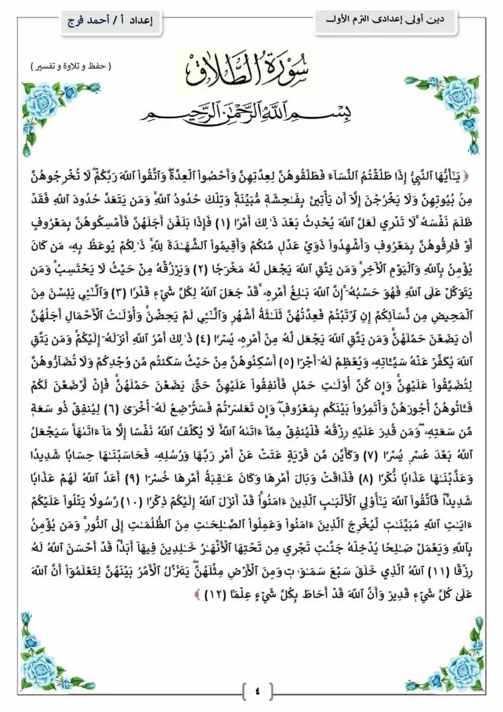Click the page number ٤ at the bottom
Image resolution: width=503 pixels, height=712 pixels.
(258, 689)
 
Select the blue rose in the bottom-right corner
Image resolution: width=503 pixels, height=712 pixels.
(463, 665)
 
